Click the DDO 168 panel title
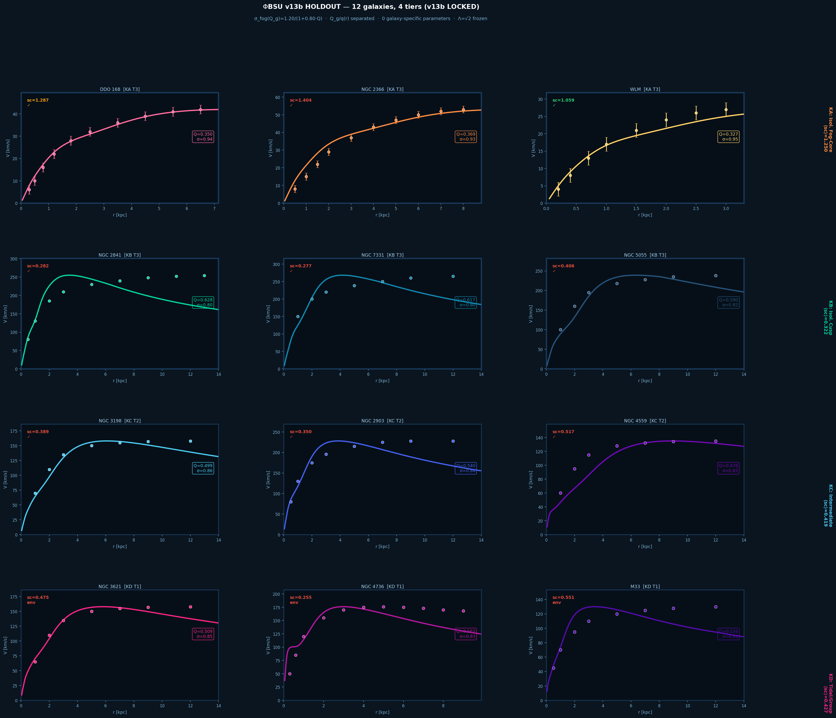coord(120,89)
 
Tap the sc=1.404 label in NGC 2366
coord(301,100)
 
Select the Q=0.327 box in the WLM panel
coord(729,137)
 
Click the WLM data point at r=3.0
coord(726,110)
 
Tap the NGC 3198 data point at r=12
coord(190,441)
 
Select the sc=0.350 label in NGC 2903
coord(301,432)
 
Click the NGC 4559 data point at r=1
coord(560,493)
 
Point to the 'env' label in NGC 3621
coord(31,603)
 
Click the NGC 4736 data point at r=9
coord(463,611)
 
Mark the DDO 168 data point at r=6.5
coord(200,110)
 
